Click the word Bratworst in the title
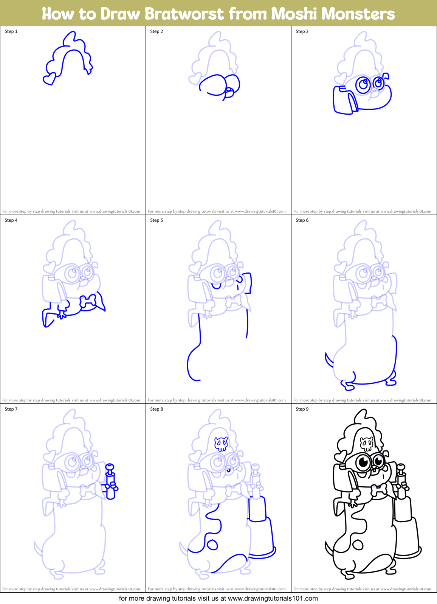185,14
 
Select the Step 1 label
11,31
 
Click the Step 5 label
157,220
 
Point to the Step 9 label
302,409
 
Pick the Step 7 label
11,409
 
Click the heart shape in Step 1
49,79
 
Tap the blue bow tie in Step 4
88,301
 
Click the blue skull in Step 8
221,444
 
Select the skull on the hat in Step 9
366,444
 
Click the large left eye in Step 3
364,84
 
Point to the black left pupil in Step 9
363,462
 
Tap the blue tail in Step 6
328,360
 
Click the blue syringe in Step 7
110,482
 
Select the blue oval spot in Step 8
212,545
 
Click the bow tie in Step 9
379,490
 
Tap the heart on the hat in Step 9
340,456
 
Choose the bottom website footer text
218,598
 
